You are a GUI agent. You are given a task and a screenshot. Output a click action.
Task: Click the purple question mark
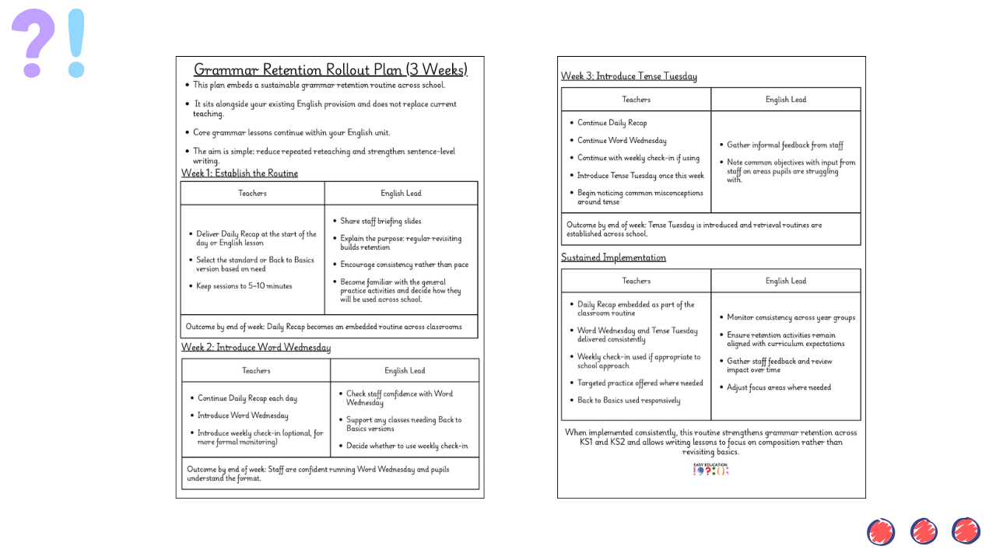(33, 43)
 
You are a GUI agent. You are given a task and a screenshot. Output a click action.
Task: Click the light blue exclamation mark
(75, 43)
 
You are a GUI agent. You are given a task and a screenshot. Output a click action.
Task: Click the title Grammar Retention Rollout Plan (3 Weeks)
(330, 70)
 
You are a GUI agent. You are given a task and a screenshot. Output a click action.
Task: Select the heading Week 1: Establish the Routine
(240, 173)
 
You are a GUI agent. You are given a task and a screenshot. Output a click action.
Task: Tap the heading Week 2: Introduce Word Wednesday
(256, 348)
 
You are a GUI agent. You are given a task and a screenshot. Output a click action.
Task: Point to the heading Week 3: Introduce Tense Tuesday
(629, 76)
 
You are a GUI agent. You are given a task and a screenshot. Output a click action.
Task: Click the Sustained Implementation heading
(613, 257)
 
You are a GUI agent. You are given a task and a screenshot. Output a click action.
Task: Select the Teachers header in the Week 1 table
(252, 194)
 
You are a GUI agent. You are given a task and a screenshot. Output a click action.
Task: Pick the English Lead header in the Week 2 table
(405, 371)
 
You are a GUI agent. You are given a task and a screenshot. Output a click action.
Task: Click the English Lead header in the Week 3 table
(786, 100)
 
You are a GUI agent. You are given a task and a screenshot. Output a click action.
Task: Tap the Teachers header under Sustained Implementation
(636, 281)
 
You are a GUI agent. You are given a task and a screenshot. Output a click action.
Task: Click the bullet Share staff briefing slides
(381, 222)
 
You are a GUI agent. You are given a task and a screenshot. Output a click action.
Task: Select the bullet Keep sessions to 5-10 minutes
(244, 286)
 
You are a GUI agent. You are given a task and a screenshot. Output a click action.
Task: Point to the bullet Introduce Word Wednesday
(243, 416)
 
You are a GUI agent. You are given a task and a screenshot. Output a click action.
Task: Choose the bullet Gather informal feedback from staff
(785, 145)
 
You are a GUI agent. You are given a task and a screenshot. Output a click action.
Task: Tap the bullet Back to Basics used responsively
(629, 401)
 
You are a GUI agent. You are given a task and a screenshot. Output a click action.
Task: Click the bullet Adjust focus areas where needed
(779, 387)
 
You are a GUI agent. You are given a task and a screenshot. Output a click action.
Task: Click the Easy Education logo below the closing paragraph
(711, 470)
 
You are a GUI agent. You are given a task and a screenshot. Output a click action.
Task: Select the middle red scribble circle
(924, 532)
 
